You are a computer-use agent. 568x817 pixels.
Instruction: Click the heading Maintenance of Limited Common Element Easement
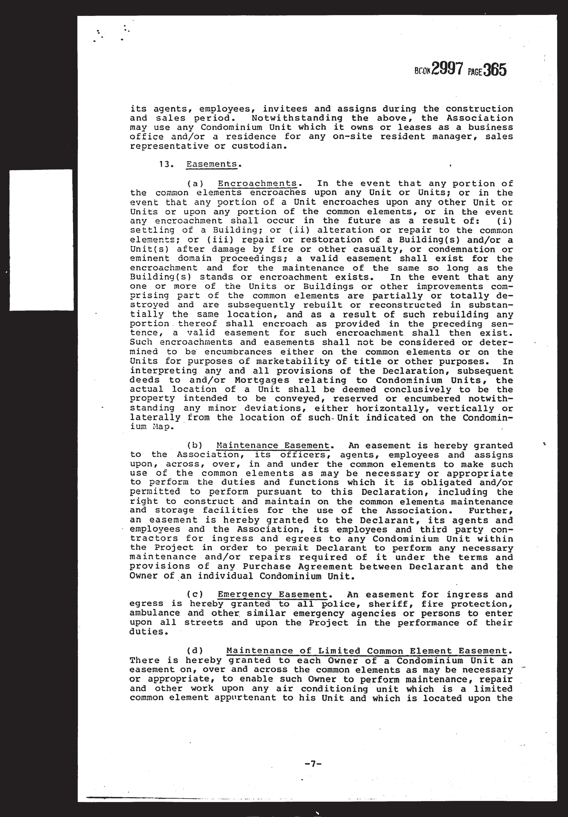[x=366, y=651]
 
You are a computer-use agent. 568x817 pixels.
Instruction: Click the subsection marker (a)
[x=195, y=184]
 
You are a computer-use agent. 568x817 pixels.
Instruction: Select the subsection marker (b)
[x=195, y=446]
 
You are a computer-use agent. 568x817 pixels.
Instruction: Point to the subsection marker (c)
[x=195, y=595]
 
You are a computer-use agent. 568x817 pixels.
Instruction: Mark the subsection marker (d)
[x=195, y=651]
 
